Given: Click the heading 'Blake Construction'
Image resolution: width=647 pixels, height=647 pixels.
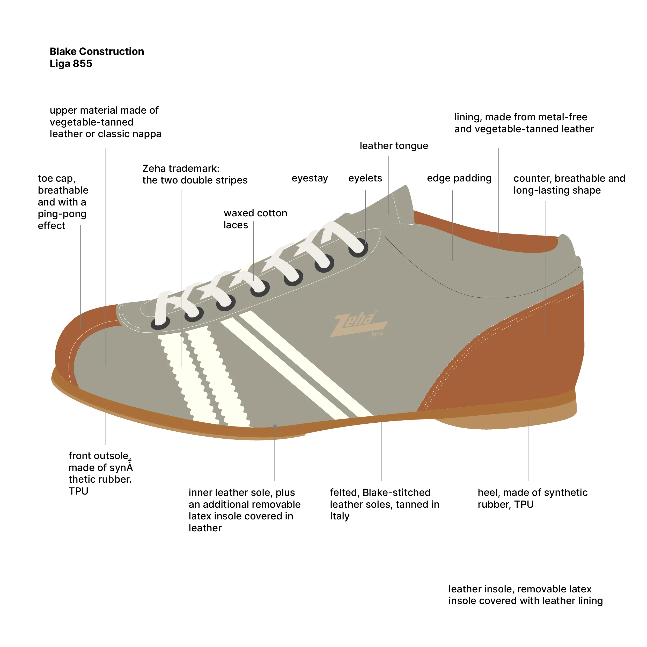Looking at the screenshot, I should click(97, 51).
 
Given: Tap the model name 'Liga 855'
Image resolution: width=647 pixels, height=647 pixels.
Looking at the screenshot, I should click(71, 64).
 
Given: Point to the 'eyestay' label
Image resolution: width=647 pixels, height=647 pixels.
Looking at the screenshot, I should click(310, 178).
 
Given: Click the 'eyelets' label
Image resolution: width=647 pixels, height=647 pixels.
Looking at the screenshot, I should click(365, 178).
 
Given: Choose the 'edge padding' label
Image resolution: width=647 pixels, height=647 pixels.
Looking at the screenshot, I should click(459, 178).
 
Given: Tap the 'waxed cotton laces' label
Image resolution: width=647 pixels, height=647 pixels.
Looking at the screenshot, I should click(255, 219).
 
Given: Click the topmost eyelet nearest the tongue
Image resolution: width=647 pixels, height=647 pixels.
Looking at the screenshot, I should click(358, 248).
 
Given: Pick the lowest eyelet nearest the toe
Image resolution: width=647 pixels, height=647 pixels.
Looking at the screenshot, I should click(160, 323).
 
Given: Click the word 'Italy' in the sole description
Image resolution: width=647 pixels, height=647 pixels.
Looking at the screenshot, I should click(339, 516).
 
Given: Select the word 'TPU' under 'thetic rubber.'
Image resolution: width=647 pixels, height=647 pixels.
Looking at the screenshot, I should click(78, 491).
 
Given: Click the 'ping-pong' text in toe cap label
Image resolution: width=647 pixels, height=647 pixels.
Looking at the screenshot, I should click(62, 214).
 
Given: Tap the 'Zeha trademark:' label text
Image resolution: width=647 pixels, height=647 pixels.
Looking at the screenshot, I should click(181, 168).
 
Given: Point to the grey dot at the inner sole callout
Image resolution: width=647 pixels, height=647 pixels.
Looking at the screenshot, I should click(275, 426).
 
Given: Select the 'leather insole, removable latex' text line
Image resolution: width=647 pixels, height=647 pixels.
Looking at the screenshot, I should click(520, 589).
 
